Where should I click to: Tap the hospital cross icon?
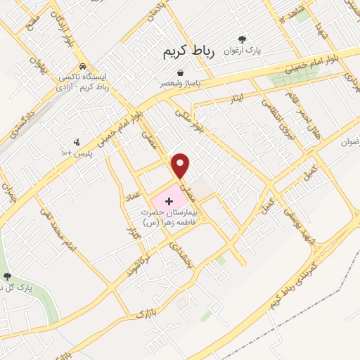click(x=168, y=202)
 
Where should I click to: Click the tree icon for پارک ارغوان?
click(x=243, y=40)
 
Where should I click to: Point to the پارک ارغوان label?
click(x=243, y=51)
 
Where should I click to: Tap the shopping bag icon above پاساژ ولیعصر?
click(x=181, y=72)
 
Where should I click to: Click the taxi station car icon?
click(x=84, y=65)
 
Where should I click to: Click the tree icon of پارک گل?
click(x=8, y=276)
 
